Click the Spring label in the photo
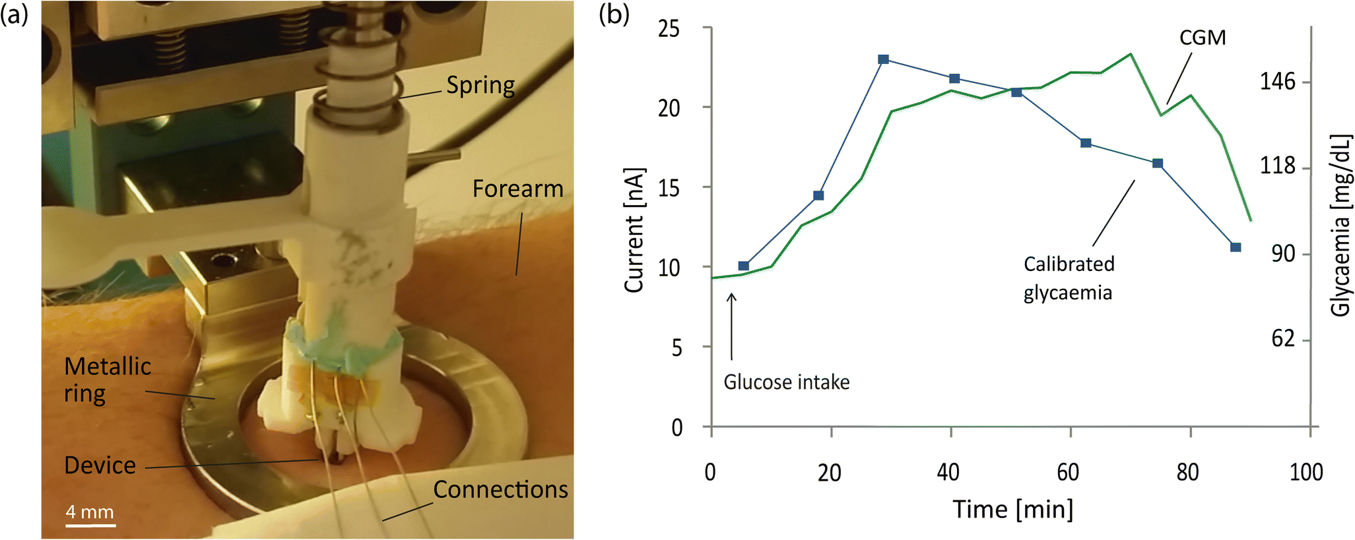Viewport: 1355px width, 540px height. coord(480,86)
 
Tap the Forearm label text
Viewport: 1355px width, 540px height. coord(517,189)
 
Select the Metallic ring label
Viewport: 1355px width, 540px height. coord(107,380)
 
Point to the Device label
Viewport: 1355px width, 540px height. coord(100,465)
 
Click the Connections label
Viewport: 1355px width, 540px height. coord(500,490)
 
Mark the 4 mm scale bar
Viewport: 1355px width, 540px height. coord(90,525)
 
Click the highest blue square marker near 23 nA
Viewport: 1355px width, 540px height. coord(884,60)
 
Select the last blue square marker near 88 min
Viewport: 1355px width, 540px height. coord(1236,247)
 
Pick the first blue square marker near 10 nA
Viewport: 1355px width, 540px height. coord(744,266)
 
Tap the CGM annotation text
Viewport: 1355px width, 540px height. coord(1203,38)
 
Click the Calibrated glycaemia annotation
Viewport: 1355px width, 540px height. coord(1069,278)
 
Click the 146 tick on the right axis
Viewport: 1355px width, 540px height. coord(1278,82)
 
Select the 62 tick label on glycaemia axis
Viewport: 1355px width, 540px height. coord(1283,339)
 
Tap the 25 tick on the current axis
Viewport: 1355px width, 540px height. coord(669,29)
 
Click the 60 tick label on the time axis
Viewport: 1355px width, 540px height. coord(1068,473)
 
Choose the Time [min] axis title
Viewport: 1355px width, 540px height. coord(1012,510)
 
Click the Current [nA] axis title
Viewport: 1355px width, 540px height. coord(634,231)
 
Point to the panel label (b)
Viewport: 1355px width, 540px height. coord(614,15)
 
